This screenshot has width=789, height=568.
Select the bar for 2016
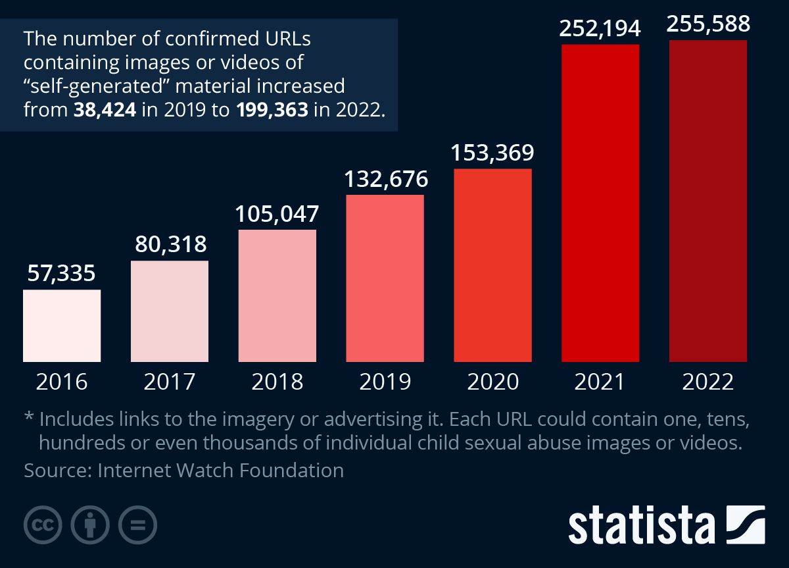tap(62, 326)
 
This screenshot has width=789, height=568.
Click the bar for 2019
tap(385, 278)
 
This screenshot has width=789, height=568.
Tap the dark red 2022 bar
tap(707, 201)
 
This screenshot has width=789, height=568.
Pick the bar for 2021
tap(600, 203)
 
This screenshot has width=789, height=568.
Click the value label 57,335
tap(62, 273)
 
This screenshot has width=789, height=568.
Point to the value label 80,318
tap(170, 244)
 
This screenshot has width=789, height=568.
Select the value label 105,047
tap(277, 213)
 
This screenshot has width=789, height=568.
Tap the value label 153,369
tap(492, 153)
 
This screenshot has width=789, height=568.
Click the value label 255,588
tap(707, 24)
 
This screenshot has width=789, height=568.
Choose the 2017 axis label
tap(170, 382)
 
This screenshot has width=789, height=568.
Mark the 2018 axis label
tap(277, 382)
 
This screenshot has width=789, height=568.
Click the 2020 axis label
tap(492, 382)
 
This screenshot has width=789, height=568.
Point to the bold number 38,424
tap(106, 109)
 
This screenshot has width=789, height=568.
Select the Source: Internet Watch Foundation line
tap(183, 471)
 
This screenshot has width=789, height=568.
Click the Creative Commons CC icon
tap(43, 525)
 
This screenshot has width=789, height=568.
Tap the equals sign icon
tap(137, 525)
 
